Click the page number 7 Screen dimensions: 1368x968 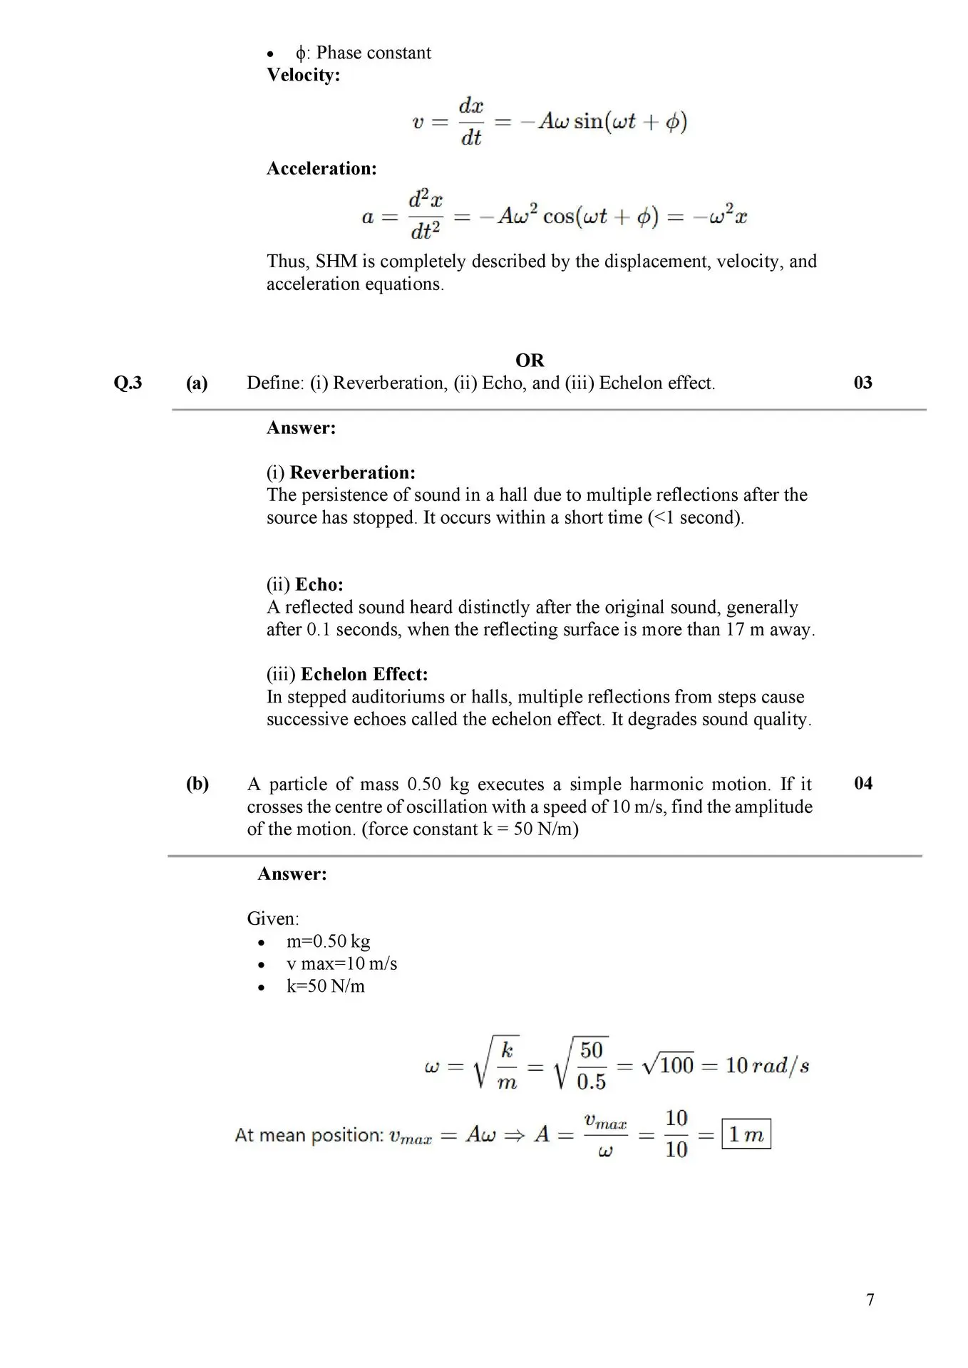tap(870, 1300)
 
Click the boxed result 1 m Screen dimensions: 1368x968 tap(746, 1134)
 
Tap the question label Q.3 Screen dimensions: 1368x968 tap(128, 383)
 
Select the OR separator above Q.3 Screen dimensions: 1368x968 tap(530, 361)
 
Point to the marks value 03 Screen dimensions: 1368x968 tap(863, 383)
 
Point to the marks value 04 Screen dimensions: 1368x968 tap(863, 784)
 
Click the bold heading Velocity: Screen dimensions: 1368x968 tap(303, 75)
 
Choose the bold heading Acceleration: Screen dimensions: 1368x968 tap(321, 169)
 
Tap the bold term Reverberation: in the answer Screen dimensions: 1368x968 tap(352, 472)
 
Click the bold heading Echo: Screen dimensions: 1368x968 tap(319, 585)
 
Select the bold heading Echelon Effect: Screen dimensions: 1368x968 tap(364, 674)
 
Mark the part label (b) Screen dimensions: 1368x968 tap(197, 784)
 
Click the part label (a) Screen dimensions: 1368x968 tap(197, 383)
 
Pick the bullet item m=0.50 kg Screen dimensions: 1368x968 tap(328, 941)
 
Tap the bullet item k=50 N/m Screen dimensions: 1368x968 tap(325, 986)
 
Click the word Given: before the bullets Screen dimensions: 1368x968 tap(273, 918)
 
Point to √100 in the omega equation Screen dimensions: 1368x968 tap(668, 1066)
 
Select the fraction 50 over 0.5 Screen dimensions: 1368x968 tap(591, 1066)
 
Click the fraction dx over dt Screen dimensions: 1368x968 tap(471, 122)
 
